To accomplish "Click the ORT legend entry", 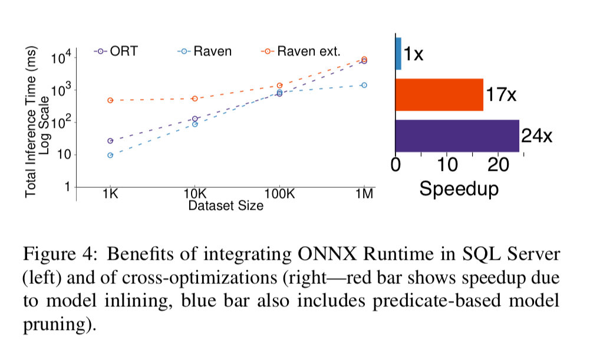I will coord(116,51).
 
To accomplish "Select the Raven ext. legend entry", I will coord(301,51).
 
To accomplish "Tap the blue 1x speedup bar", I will coord(398,54).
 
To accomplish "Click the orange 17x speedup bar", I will coord(439,94).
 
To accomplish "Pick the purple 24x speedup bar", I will coord(457,136).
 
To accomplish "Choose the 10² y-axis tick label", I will coord(61,123).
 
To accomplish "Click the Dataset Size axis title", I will coord(226,206).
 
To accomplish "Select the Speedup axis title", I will coord(459,189).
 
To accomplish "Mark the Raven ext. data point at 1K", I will coord(110,100).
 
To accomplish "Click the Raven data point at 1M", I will coord(364,85).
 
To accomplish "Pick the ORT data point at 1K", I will coord(110,141).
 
